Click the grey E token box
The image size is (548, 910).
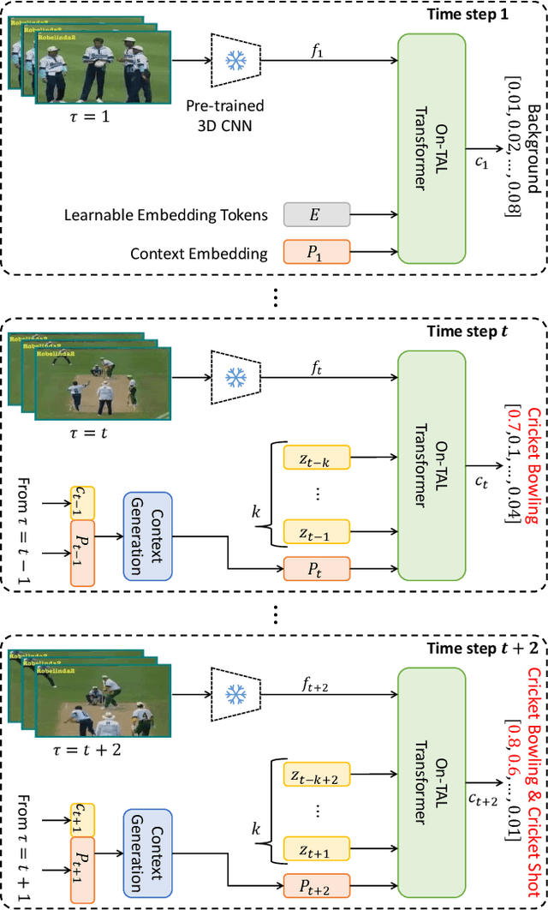(317, 214)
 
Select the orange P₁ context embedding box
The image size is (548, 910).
(317, 252)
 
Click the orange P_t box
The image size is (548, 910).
(317, 567)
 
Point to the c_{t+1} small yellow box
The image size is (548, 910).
(83, 821)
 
